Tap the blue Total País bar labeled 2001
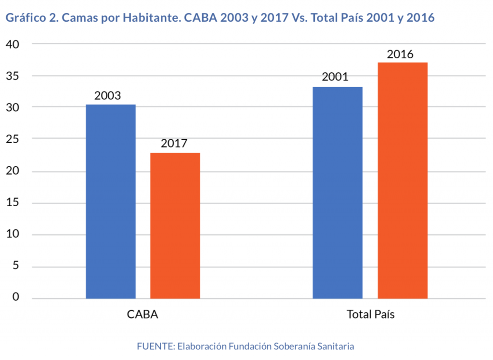337,193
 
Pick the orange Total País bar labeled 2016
402,180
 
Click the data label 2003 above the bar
108,95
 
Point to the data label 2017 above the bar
174,144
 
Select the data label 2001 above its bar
335,78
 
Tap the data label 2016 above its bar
400,54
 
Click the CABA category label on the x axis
143,315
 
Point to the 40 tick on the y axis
12,44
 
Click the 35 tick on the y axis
12,76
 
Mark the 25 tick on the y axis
12,139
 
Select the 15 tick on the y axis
12,203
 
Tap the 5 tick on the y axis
15,267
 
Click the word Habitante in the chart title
149,18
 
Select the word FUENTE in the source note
155,346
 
